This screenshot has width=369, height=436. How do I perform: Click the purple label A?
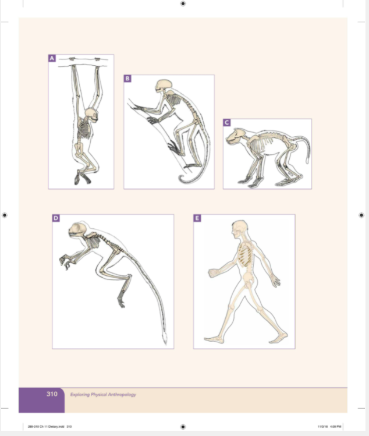coord(52,58)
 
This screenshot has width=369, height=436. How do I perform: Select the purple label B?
coord(127,78)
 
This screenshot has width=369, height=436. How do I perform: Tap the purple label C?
coord(226,122)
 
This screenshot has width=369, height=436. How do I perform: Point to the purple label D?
coord(56,218)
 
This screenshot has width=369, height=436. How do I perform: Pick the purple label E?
coord(197,218)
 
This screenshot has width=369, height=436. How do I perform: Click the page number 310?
coord(52,394)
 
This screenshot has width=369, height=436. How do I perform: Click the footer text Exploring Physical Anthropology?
coord(103,395)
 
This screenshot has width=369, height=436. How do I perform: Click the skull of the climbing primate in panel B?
coord(164,86)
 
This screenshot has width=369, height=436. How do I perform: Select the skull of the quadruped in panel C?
coord(236,138)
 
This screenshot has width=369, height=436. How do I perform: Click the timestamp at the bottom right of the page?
coord(329,426)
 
